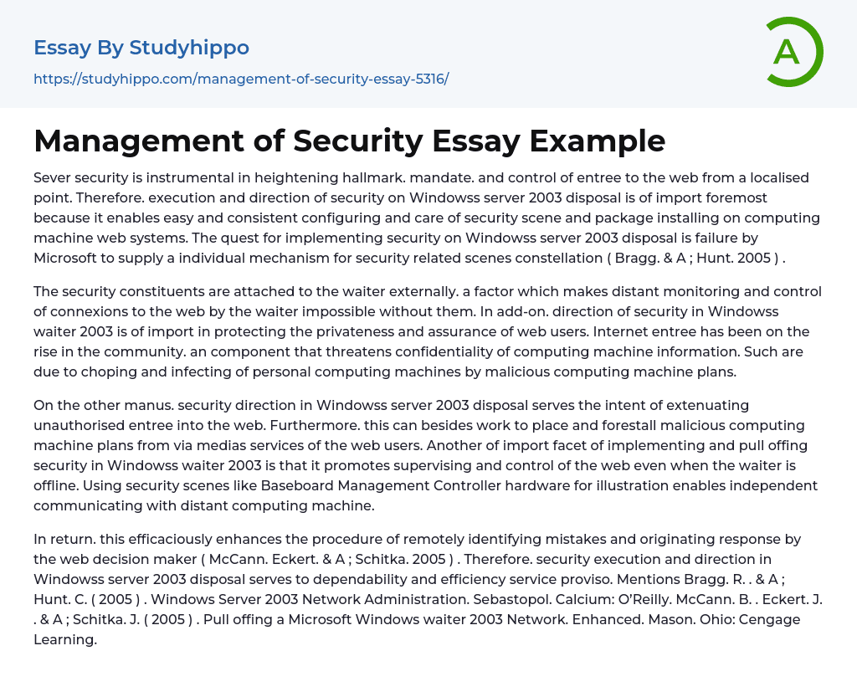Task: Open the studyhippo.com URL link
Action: point(241,79)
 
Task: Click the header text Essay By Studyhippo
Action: point(141,48)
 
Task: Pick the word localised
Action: point(756,177)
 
